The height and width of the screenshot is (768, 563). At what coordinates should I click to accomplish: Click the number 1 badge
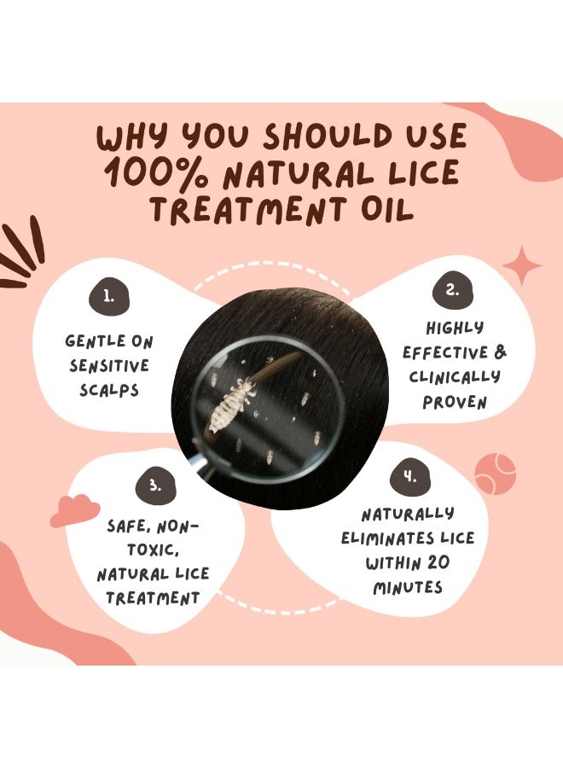pos(109,295)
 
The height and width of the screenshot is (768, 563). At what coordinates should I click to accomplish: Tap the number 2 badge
pos(452,290)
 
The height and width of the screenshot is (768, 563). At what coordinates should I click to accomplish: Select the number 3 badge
pos(155,485)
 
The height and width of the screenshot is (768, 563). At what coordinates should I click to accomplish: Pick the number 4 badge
pos(410,476)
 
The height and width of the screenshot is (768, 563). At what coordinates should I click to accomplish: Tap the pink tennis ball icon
pos(495,473)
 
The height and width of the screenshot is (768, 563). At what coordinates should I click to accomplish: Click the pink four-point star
pos(522,266)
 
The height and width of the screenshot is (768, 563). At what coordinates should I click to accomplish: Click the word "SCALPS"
pos(109,390)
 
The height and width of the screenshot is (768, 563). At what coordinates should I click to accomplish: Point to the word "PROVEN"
pos(455,402)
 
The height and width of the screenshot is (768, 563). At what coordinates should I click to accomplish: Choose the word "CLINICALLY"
pos(455,377)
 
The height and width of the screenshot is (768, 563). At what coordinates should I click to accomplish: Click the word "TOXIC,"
pos(153,550)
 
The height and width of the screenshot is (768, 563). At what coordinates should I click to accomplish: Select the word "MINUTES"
pos(408,587)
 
